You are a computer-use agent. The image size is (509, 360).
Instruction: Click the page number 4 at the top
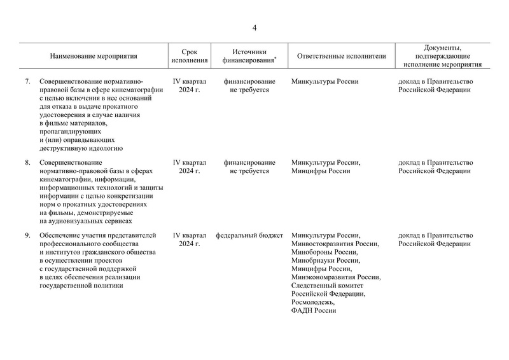pyautogui.click(x=254, y=27)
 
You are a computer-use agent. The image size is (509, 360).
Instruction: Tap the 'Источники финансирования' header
pyautogui.click(x=249, y=56)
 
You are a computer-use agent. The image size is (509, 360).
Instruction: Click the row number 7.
pyautogui.click(x=27, y=82)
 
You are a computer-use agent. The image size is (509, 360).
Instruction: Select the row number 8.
pyautogui.click(x=27, y=163)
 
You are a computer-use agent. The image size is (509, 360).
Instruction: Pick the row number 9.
pyautogui.click(x=27, y=236)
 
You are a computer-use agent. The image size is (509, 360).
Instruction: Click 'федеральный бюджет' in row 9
pyautogui.click(x=249, y=236)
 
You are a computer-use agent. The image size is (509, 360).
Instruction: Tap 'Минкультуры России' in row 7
pyautogui.click(x=324, y=82)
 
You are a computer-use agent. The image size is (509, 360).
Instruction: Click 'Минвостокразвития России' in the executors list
pyautogui.click(x=334, y=244)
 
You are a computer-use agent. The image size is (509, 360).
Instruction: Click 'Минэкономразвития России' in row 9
pyautogui.click(x=335, y=277)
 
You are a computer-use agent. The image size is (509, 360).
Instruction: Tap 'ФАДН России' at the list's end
pyautogui.click(x=313, y=310)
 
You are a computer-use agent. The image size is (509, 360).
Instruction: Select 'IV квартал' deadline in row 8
pyautogui.click(x=190, y=163)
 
